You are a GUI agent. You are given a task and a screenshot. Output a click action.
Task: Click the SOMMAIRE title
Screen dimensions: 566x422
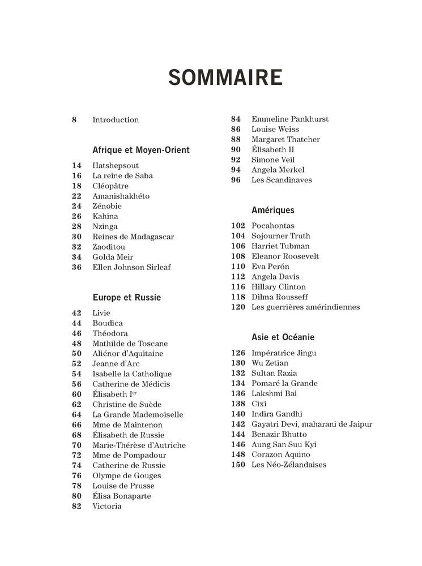[225, 77]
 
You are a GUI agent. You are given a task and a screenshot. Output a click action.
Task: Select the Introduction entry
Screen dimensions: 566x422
[116, 120]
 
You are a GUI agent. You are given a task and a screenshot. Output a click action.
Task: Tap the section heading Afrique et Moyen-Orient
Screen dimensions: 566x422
[141, 150]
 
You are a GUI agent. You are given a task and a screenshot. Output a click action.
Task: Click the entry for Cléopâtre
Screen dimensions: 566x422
[110, 186]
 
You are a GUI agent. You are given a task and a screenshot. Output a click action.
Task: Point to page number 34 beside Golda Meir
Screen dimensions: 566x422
[76, 258]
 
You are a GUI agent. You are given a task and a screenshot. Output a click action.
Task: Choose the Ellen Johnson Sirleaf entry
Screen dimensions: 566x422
[131, 268]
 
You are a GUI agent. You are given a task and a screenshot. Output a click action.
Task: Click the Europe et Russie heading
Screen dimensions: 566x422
[127, 297]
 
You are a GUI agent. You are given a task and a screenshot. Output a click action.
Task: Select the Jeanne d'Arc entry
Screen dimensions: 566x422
[116, 364]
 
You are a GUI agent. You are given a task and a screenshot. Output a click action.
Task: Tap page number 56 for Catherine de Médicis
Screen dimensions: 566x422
[76, 384]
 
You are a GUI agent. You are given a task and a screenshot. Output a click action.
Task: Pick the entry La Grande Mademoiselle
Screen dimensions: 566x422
[138, 415]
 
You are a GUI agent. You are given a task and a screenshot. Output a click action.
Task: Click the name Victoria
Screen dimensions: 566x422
[107, 507]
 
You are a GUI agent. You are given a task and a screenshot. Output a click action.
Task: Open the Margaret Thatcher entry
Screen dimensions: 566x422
[285, 140]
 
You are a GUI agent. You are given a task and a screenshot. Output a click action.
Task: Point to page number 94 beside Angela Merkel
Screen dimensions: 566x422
[236, 170]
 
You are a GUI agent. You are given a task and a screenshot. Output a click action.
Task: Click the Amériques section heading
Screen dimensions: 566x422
[273, 210]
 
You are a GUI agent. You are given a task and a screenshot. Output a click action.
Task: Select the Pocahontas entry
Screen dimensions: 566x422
[273, 226]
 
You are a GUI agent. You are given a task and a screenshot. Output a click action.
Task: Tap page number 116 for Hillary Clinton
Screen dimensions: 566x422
[238, 287]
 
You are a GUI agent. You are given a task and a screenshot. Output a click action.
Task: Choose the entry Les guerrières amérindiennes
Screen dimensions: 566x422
[306, 307]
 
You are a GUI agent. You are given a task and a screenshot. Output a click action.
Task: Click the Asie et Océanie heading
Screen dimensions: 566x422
[283, 337]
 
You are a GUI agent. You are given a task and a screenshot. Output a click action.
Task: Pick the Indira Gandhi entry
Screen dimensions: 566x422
[277, 414]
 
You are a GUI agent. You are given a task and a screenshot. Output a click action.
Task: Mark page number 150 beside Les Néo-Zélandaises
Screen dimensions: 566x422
[238, 465]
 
